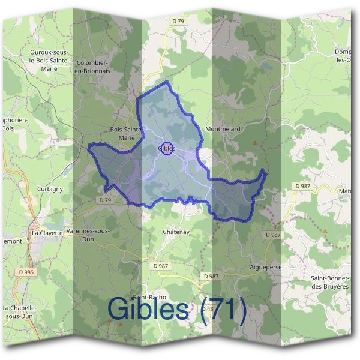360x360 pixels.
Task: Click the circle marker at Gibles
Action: pos(168,148)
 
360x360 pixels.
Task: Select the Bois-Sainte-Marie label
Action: pos(127,133)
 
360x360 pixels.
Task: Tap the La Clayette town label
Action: pos(47,232)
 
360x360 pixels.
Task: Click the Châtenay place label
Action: pos(176,232)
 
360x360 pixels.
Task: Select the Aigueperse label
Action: pos(265,265)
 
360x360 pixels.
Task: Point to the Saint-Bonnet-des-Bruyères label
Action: pos(329,282)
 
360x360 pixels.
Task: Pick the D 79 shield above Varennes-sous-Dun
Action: pos(105,200)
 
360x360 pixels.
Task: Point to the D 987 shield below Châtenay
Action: pos(160,266)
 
